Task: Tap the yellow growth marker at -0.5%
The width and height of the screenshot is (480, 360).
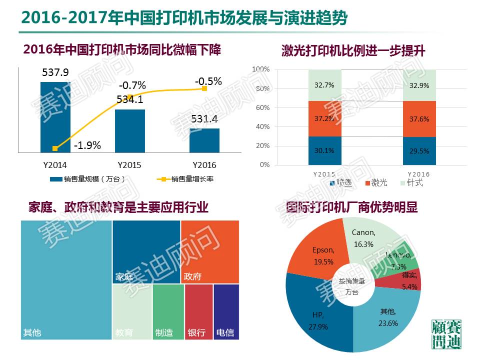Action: tap(204, 88)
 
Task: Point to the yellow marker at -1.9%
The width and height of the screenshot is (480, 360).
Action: tap(55, 148)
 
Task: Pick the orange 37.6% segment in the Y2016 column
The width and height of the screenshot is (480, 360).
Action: tap(419, 119)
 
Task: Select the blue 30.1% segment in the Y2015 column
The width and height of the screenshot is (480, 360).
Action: tap(324, 150)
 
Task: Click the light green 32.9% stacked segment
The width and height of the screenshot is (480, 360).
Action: tap(419, 85)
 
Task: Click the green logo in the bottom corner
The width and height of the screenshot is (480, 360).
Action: tap(446, 333)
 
